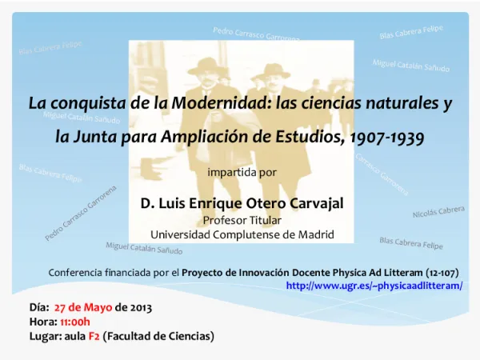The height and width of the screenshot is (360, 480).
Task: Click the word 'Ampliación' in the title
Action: click(206, 137)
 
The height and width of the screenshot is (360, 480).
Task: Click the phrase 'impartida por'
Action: click(242, 172)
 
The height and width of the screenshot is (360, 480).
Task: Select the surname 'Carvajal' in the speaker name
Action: click(311, 203)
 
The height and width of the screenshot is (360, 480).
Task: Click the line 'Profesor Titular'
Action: click(242, 220)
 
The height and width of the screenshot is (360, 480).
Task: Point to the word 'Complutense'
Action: click(242, 234)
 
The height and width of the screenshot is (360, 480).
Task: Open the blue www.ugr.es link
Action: click(374, 285)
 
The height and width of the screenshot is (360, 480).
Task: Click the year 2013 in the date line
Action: click(138, 306)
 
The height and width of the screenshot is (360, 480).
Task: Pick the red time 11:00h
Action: click(75, 321)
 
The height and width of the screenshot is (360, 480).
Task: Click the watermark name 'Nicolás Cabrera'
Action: click(438, 212)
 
